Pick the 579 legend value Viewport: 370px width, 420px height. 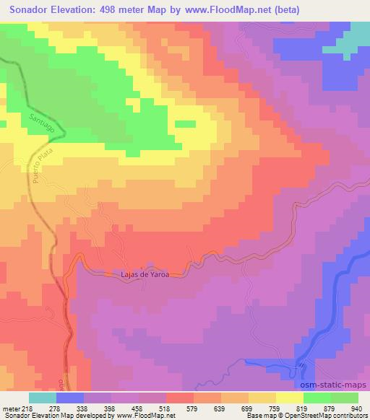point(192,409)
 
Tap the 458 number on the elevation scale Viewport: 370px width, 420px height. point(137,409)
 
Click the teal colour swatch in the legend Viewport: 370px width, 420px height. point(43,398)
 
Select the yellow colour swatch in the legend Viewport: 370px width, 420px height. point(289,398)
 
